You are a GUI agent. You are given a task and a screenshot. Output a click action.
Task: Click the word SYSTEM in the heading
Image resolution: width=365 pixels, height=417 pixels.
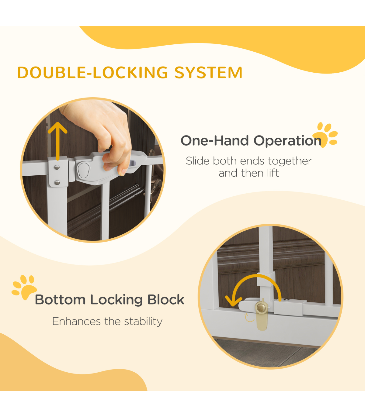pyautogui.click(x=208, y=73)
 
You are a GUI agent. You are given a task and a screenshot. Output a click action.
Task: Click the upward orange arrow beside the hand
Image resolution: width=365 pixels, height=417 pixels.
pyautogui.click(x=57, y=141)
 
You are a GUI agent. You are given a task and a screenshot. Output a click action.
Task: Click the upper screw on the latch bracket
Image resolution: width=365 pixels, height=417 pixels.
pyautogui.click(x=57, y=167)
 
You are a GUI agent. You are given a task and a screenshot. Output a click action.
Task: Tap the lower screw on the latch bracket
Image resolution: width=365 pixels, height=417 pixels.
pyautogui.click(x=57, y=182)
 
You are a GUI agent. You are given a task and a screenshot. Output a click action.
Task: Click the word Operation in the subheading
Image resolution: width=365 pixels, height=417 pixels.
pyautogui.click(x=287, y=141)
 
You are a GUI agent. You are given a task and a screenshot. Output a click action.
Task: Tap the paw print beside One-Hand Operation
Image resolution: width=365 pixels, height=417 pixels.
pyautogui.click(x=325, y=135)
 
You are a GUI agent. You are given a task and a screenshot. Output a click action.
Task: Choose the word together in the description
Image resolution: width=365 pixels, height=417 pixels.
pyautogui.click(x=290, y=161)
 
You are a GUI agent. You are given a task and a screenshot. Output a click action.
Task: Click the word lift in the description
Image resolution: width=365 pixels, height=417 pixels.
pyautogui.click(x=273, y=173)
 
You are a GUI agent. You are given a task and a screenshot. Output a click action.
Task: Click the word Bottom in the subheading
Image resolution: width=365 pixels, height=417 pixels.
pyautogui.click(x=60, y=300)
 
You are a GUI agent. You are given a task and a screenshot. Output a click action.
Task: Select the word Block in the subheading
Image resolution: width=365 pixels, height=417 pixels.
pyautogui.click(x=165, y=300)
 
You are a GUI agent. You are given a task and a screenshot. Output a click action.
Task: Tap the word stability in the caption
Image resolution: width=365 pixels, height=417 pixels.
pyautogui.click(x=143, y=322)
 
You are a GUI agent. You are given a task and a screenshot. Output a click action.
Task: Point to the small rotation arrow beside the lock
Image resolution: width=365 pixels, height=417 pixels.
pyautogui.click(x=249, y=318)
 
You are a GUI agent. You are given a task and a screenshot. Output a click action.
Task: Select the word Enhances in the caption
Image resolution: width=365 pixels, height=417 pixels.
pyautogui.click(x=76, y=322)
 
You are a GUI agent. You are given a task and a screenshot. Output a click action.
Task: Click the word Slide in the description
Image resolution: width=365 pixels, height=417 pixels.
pyautogui.click(x=198, y=161)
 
